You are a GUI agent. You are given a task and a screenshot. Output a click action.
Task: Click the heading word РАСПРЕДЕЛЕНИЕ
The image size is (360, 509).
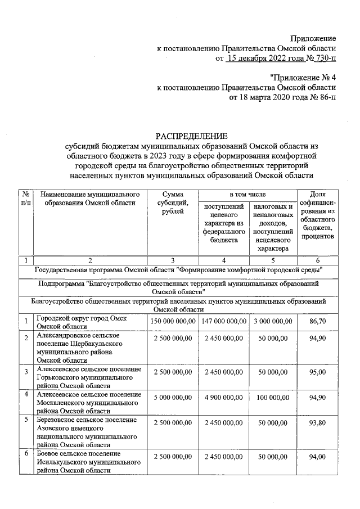pos(192,136)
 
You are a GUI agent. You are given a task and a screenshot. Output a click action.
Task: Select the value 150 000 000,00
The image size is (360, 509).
pos(173,321)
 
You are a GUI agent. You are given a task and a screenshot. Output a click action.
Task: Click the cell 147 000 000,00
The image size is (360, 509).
pos(223,321)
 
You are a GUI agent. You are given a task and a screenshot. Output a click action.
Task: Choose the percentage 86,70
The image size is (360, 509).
pos(318,321)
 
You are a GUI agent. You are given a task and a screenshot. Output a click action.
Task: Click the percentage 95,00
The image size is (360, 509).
pos(318,372)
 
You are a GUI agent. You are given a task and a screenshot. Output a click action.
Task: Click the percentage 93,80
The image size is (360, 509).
pos(318,424)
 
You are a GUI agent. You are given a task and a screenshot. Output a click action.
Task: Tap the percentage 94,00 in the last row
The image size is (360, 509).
pos(318,458)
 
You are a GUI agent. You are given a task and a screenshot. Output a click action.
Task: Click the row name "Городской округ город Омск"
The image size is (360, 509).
pos(82,318)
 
